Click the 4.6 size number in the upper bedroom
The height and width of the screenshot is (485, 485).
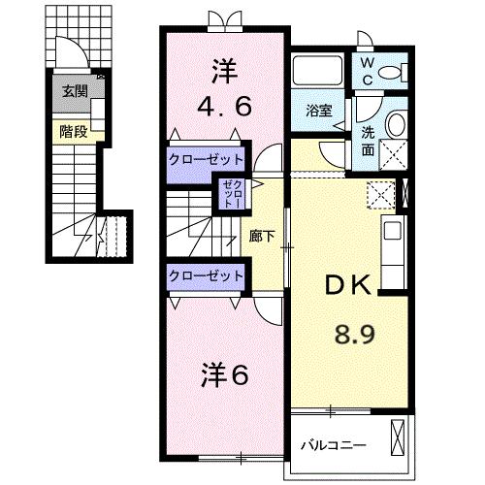click(225, 105)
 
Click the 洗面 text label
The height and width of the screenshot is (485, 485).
click(369, 132)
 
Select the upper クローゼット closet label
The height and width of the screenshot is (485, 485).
click(206, 159)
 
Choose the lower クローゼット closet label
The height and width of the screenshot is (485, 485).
click(206, 275)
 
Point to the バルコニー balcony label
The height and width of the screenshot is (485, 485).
click(333, 446)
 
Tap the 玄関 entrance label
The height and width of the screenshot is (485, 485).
click(75, 92)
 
